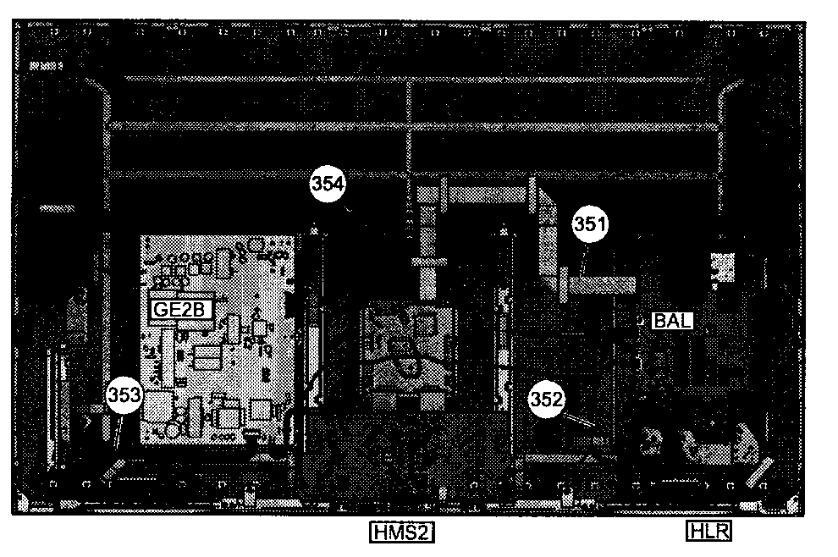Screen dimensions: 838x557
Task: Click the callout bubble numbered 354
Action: coord(328,185)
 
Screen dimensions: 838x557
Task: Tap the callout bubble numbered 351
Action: coord(590,224)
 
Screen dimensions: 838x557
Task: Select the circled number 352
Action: coord(546,400)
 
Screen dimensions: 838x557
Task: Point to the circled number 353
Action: coord(124,396)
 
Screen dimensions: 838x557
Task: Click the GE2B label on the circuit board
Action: coord(179,310)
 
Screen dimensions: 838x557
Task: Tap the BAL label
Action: coord(673,321)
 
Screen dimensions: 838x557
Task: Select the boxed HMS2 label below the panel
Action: coord(402,532)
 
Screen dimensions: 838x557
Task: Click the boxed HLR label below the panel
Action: coord(708,531)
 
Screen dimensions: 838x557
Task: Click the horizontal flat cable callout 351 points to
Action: coord(600,284)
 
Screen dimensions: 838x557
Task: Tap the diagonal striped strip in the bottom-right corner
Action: coord(759,472)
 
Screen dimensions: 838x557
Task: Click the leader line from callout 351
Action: coord(584,259)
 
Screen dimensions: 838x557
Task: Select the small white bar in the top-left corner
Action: coord(46,66)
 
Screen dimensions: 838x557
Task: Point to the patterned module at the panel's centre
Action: coord(409,350)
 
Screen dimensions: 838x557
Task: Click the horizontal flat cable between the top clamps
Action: coord(487,195)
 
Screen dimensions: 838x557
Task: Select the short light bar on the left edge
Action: coord(58,208)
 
